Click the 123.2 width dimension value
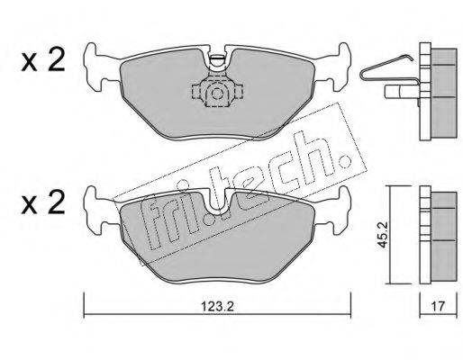217,307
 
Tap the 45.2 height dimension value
383,235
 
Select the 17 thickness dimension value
438,307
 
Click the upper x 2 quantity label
43,60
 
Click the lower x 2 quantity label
43,202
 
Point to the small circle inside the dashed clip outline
216,94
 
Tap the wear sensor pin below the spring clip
402,91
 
